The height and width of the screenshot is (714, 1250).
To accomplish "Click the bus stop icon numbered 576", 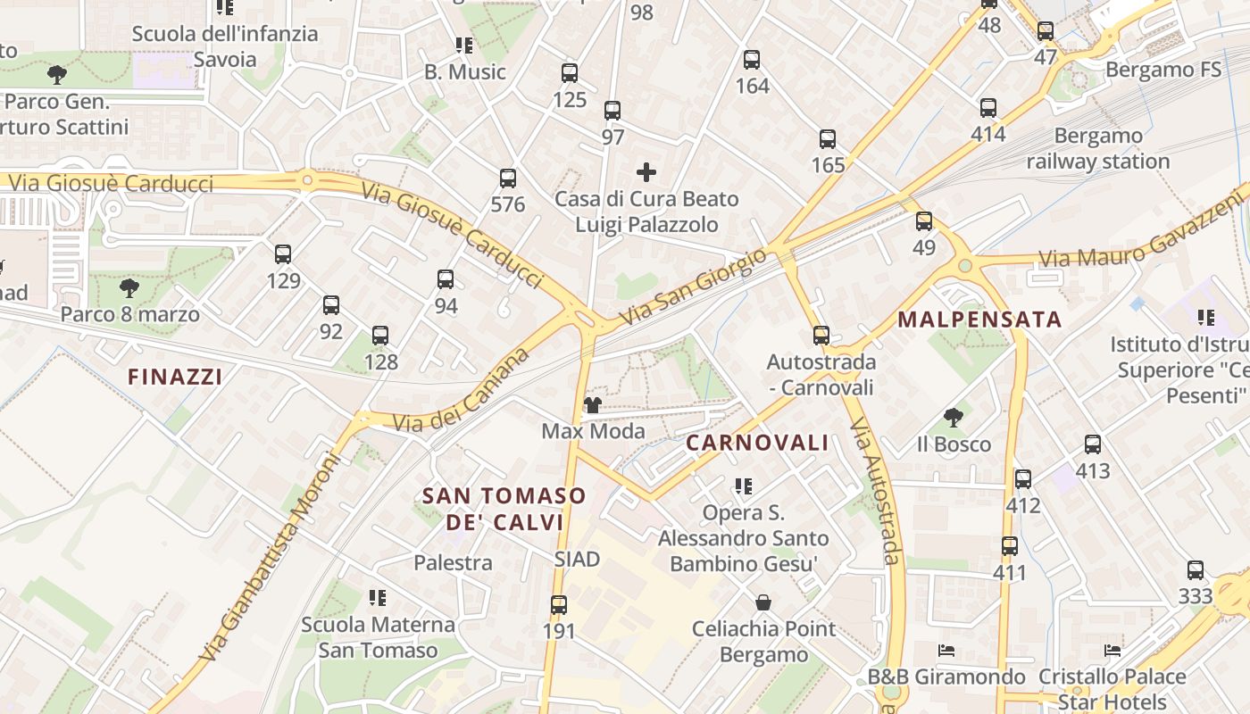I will [x=508, y=178].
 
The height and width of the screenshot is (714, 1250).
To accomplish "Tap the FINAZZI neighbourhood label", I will [x=175, y=377].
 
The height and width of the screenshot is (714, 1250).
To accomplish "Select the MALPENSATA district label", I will [x=979, y=320].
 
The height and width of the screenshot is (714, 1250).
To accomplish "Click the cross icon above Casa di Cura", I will [x=646, y=172].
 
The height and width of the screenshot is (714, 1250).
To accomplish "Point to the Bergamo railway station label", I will [x=1097, y=149].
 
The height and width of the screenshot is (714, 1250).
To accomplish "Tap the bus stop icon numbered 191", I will [x=559, y=605].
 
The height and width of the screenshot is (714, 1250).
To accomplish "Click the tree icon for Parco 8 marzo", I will [x=129, y=288].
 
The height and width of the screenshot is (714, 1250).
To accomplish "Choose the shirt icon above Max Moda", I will [x=592, y=406].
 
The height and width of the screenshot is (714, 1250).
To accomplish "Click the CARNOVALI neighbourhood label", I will [x=757, y=443].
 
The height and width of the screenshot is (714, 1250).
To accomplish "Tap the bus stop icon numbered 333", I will [x=1196, y=570].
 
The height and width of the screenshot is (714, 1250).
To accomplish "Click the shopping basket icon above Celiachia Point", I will [x=763, y=602].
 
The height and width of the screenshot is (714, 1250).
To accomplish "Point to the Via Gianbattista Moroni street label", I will [x=271, y=558].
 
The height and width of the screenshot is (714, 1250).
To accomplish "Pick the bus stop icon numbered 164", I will [x=752, y=61].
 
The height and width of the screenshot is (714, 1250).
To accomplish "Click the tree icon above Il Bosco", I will [x=954, y=417].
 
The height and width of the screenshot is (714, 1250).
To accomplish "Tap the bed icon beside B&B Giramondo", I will [x=946, y=651].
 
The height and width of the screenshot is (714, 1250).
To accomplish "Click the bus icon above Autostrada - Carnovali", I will [x=821, y=336].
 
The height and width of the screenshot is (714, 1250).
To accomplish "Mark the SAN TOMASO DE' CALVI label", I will [x=504, y=509].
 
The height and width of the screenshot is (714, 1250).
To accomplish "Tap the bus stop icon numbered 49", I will [x=924, y=221].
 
